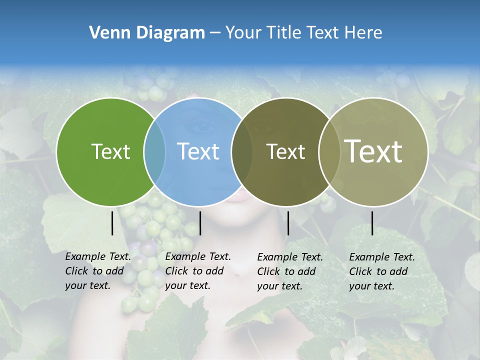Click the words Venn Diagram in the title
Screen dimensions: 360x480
147,33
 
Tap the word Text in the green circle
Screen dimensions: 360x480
110,151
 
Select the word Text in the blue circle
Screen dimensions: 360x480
198,151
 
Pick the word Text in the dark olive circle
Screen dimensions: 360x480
285,151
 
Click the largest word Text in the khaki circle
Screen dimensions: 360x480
373,151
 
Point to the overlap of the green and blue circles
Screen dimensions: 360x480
154,151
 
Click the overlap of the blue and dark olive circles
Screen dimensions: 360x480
242,151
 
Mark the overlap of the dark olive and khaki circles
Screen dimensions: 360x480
329,151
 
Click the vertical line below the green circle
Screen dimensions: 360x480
112,223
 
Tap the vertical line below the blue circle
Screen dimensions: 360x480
200,223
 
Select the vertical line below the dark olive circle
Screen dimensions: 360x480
288,223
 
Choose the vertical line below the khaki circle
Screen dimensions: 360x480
372,223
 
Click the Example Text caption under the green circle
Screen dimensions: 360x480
97,271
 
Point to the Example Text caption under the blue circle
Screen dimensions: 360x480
197,271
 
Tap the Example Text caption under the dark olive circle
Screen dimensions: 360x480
289,271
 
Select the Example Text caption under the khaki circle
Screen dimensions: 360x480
381,271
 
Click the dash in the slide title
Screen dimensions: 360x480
214,33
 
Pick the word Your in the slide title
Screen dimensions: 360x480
243,33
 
